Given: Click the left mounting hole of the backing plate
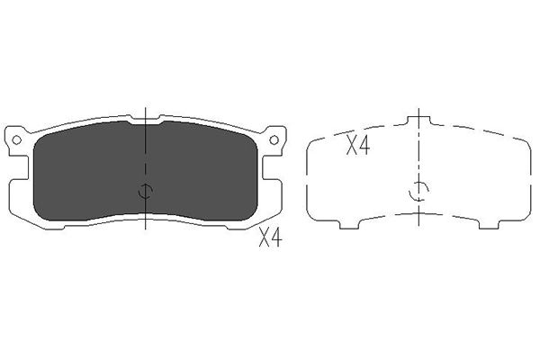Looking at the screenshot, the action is pos(16,139).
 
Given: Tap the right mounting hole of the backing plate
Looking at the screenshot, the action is pos(274,139).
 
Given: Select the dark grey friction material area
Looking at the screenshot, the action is pos(145,171).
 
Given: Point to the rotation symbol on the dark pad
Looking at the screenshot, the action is pos(145,191).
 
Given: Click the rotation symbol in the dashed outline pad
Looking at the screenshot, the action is pos(418,191).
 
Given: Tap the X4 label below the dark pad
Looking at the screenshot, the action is pos(271,238).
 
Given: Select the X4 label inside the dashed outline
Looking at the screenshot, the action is pos(358,145).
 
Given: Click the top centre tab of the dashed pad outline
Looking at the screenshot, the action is pos(418,121).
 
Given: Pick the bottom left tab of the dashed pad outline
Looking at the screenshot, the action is pos(349,224).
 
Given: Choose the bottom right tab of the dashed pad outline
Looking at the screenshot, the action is pos(490,224).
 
